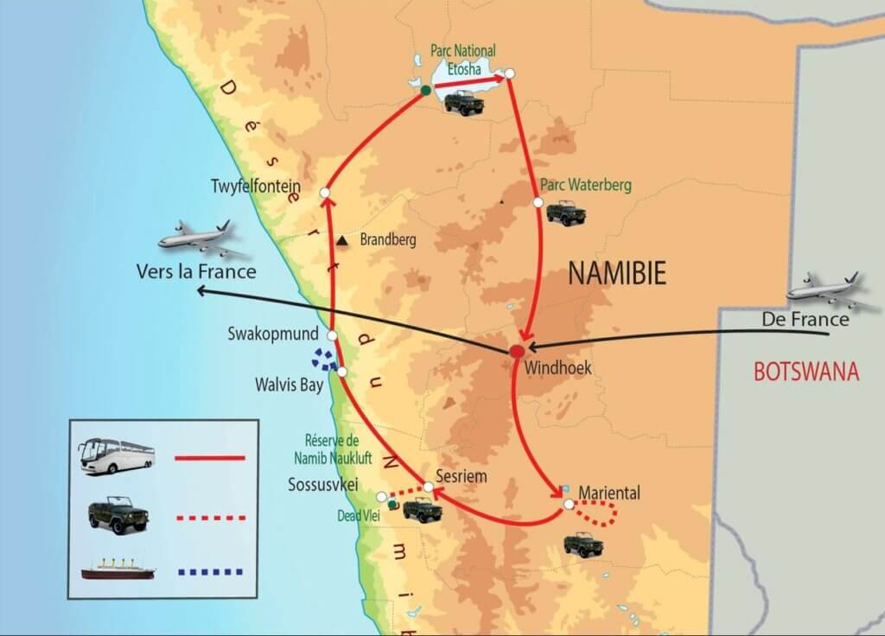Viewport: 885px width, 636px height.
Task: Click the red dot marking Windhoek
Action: pyautogui.click(x=517, y=351)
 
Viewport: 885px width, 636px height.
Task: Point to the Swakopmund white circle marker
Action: pyautogui.click(x=331, y=334)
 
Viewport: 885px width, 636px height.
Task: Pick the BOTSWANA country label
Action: pyautogui.click(x=806, y=372)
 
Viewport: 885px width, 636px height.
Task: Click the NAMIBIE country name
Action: pyautogui.click(x=617, y=274)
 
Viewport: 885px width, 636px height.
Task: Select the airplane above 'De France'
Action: pyautogui.click(x=831, y=290)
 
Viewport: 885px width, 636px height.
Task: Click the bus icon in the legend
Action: pyautogui.click(x=116, y=455)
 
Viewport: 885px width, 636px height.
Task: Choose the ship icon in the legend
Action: pyautogui.click(x=117, y=569)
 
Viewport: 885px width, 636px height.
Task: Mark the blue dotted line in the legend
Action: pyautogui.click(x=210, y=570)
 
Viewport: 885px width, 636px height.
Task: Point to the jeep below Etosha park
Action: pyautogui.click(x=464, y=102)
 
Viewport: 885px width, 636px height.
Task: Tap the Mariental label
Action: pyautogui.click(x=609, y=493)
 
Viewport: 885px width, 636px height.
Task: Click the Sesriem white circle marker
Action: pyautogui.click(x=428, y=487)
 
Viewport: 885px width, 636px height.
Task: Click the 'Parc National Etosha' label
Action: pyautogui.click(x=467, y=57)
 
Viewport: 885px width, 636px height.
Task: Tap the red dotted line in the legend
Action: pyautogui.click(x=210, y=518)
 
